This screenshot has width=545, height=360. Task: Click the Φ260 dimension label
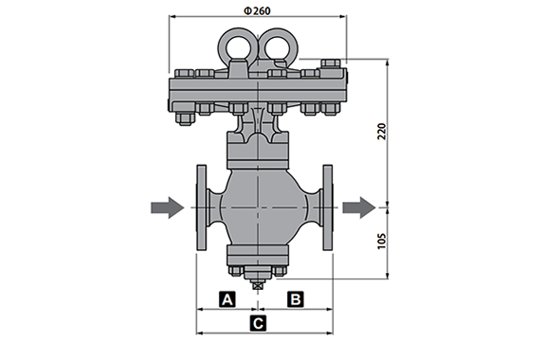257,11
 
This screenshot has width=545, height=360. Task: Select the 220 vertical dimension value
382,132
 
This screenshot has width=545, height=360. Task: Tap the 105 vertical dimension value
382,241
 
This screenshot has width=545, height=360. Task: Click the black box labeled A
227,299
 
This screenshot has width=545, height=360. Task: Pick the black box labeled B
296,299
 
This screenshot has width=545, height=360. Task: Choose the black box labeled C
258,323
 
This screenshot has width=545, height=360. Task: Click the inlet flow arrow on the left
167,207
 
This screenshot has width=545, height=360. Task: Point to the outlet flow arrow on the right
359,207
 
